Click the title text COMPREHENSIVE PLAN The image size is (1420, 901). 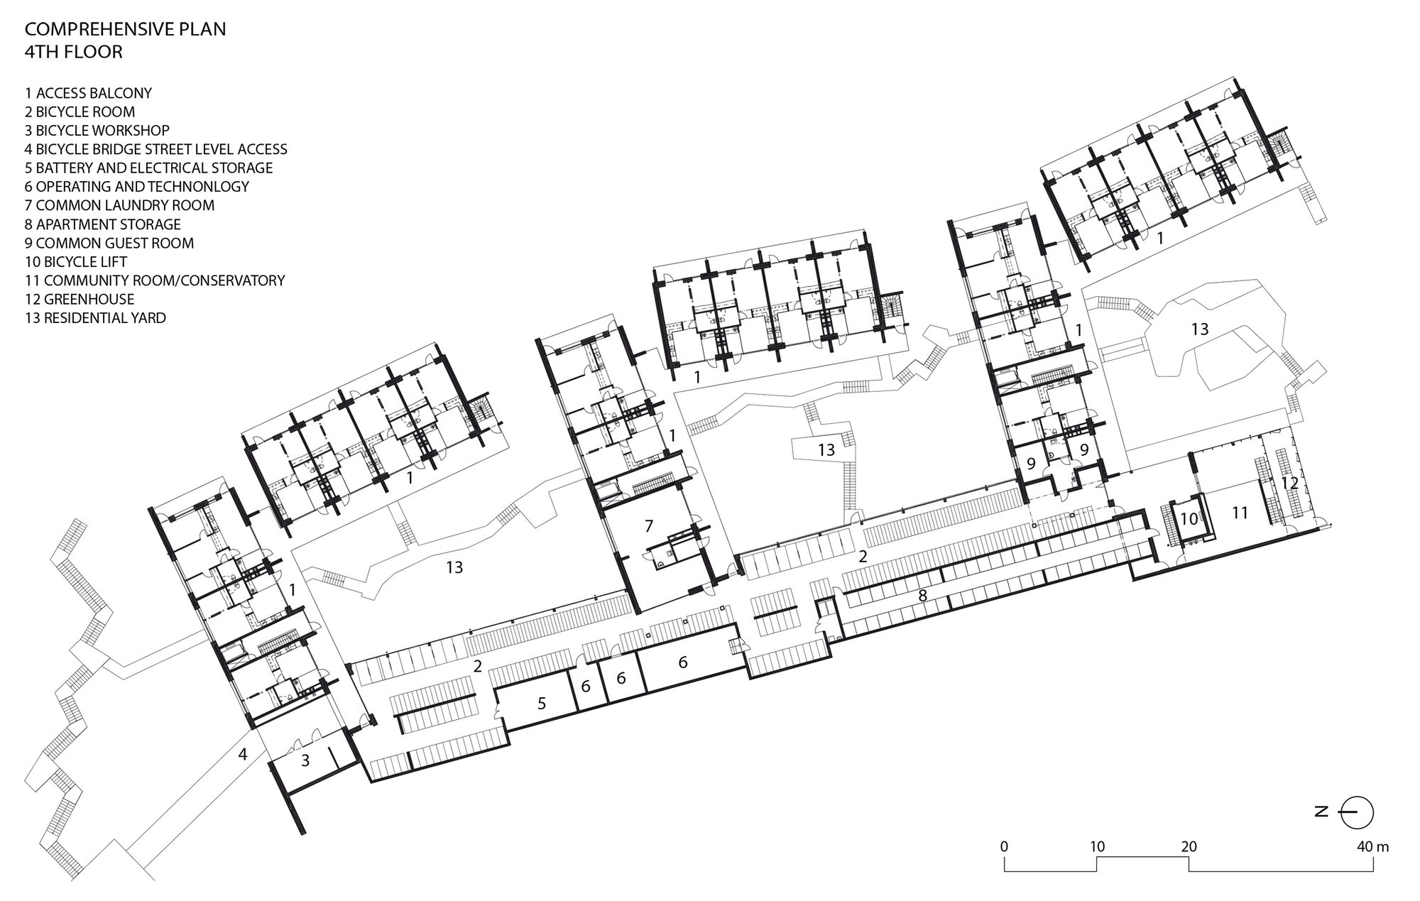tap(126, 30)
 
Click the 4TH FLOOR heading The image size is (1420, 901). tap(74, 52)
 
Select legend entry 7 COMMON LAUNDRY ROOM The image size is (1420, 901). tap(119, 205)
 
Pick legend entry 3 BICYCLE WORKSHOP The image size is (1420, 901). tap(97, 131)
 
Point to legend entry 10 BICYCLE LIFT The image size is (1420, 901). tap(76, 261)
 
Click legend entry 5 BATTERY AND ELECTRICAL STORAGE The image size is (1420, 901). tap(149, 168)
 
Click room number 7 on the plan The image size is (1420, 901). tap(648, 526)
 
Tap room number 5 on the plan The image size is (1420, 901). tap(542, 704)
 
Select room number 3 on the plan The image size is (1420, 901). tap(305, 760)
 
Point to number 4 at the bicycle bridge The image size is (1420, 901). tap(243, 754)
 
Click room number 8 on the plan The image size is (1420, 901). tap(922, 596)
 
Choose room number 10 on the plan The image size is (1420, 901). tap(1189, 519)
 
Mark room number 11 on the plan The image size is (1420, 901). tap(1240, 513)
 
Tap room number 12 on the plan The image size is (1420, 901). tap(1290, 483)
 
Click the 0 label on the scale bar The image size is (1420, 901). tap(1003, 846)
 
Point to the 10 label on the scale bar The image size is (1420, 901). tap(1097, 846)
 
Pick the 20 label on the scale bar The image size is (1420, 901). tap(1189, 846)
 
